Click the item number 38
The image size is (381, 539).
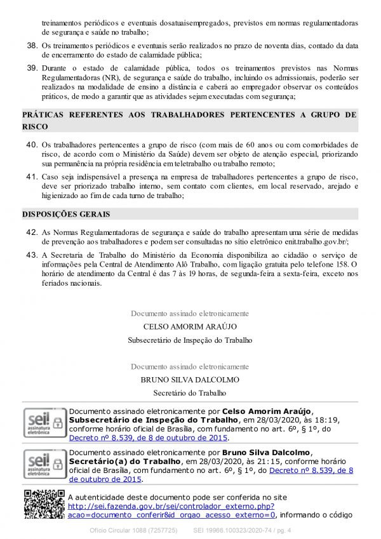[32, 46]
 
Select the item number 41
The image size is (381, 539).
[32, 176]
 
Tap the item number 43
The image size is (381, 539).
[32, 255]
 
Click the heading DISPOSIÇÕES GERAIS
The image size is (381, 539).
[66, 215]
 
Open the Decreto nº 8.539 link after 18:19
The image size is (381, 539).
[147, 438]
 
